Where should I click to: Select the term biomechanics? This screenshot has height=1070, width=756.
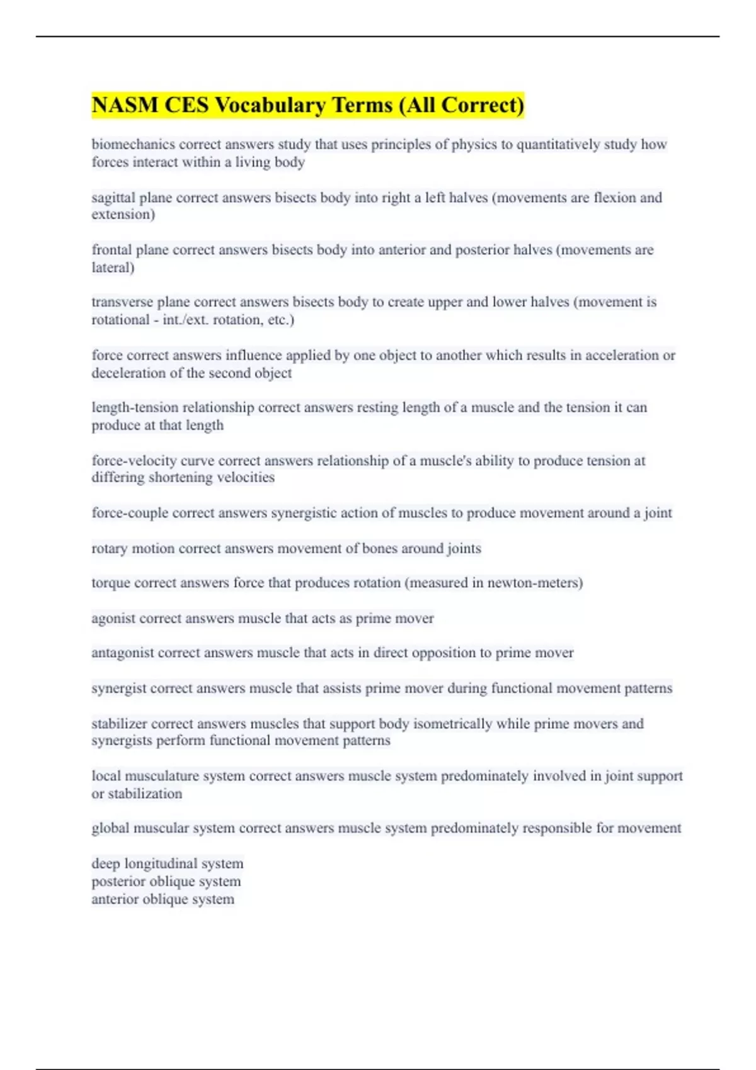coord(133,144)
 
